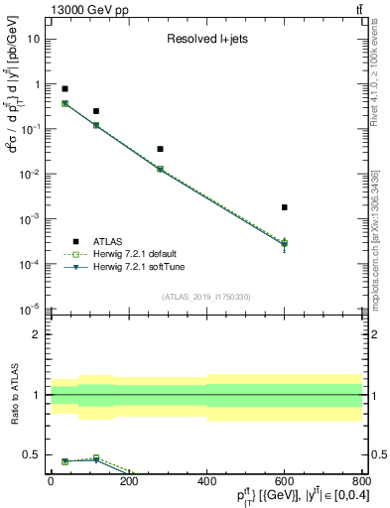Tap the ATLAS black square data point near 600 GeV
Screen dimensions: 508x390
(284, 207)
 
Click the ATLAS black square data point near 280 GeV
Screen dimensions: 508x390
(160, 149)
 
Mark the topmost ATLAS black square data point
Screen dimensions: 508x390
(65, 88)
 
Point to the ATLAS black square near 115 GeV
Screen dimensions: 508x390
(96, 111)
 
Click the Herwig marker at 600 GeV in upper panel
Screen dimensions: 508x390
(284, 243)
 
